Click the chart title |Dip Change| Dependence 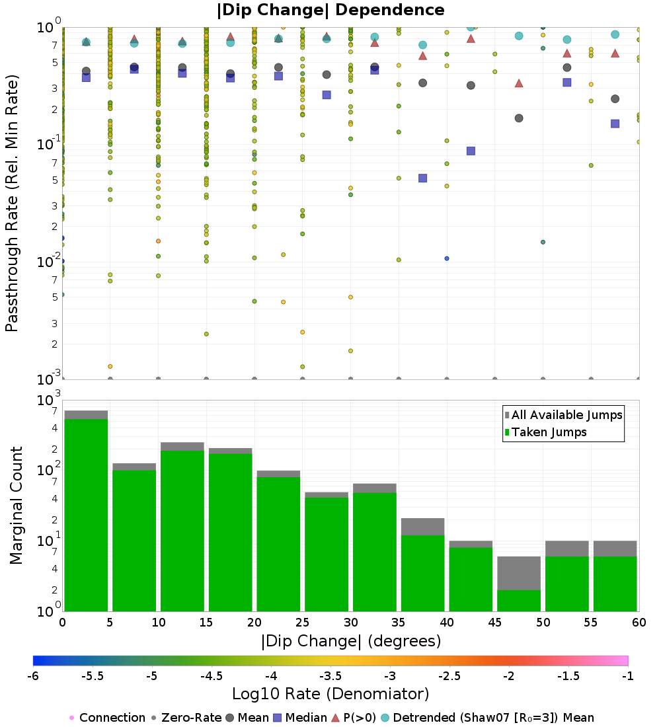tap(330, 10)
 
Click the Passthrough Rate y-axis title tap(12, 203)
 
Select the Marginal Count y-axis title tap(16, 506)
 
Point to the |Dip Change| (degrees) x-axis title tap(350, 641)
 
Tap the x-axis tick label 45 tap(494, 623)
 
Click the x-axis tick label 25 tap(302, 623)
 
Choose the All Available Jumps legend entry tap(567, 415)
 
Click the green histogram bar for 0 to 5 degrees tap(86, 516)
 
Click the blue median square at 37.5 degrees tap(423, 178)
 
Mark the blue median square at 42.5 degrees tap(471, 151)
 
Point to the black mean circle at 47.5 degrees tap(519, 118)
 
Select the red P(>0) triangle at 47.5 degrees tap(519, 83)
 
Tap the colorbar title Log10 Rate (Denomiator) tap(330, 694)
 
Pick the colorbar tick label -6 tap(33, 675)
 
